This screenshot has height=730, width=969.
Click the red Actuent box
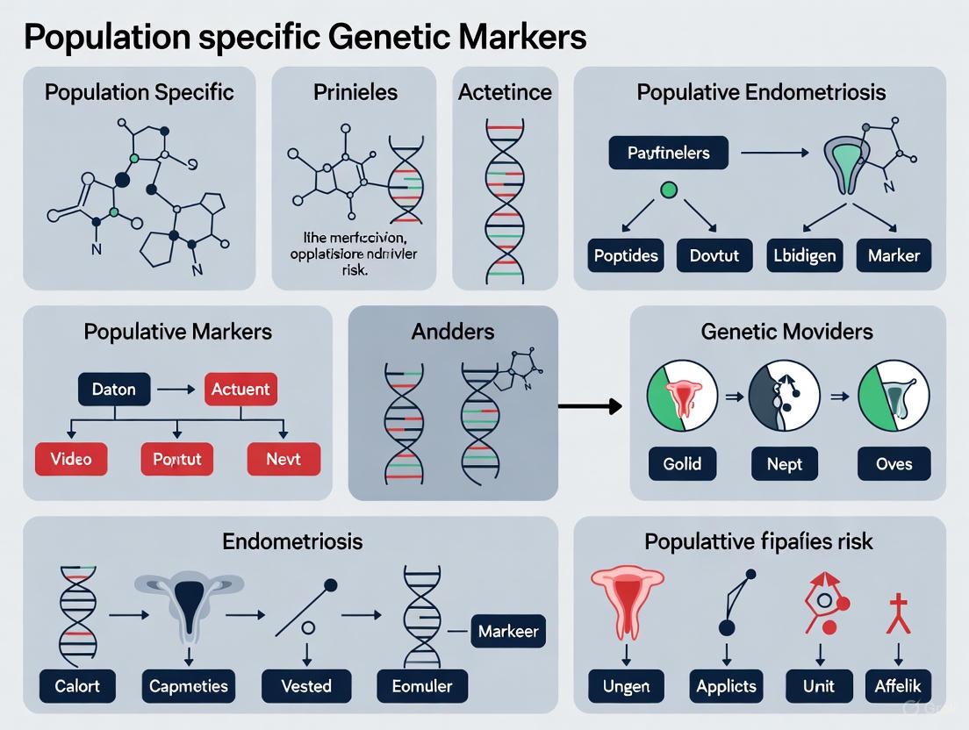pos(240,389)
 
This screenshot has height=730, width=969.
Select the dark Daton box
pos(113,389)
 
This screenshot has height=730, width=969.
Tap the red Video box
pos(71,459)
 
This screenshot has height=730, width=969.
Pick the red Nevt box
pos(283,459)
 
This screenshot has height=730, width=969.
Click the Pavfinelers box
pos(668,153)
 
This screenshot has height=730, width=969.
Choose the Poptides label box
pos(627,256)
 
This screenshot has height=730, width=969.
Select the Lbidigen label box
pos(803,256)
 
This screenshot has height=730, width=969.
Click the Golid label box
pos(682,462)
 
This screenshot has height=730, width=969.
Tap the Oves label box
pos(894,462)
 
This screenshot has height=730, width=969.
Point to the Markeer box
pos(508,631)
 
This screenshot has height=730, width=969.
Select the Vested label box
pos(305,685)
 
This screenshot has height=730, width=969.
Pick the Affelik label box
pos(897,686)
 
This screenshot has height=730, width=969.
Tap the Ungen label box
pos(626,686)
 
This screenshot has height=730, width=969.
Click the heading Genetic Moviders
pos(786,332)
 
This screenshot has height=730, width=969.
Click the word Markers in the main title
pos(520,38)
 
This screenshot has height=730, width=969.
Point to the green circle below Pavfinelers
pos(668,189)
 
